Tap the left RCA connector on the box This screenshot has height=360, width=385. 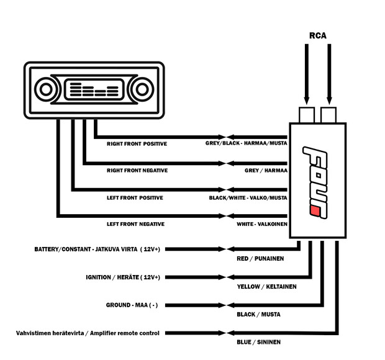pyautogui.click(x=306, y=115)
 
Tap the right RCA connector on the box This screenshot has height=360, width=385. pyautogui.click(x=328, y=115)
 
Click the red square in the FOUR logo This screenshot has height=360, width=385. pyautogui.click(x=315, y=213)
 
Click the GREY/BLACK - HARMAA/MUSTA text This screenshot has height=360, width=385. pyautogui.click(x=247, y=143)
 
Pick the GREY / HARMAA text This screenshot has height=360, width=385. pyautogui.click(x=266, y=170)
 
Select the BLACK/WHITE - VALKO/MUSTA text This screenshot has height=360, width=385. pyautogui.click(x=248, y=197)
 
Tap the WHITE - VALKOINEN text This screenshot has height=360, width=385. pyautogui.click(x=261, y=223)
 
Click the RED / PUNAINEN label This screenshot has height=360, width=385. pyautogui.click(x=260, y=258)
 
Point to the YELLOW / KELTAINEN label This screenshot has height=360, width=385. pyautogui.click(x=266, y=287)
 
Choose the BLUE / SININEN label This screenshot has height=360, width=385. pyautogui.click(x=258, y=342)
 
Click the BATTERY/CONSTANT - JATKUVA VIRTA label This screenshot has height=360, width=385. pyautogui.click(x=97, y=249)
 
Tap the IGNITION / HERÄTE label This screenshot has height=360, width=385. pyautogui.click(x=122, y=277)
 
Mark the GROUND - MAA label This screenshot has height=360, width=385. pyautogui.click(x=132, y=305)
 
